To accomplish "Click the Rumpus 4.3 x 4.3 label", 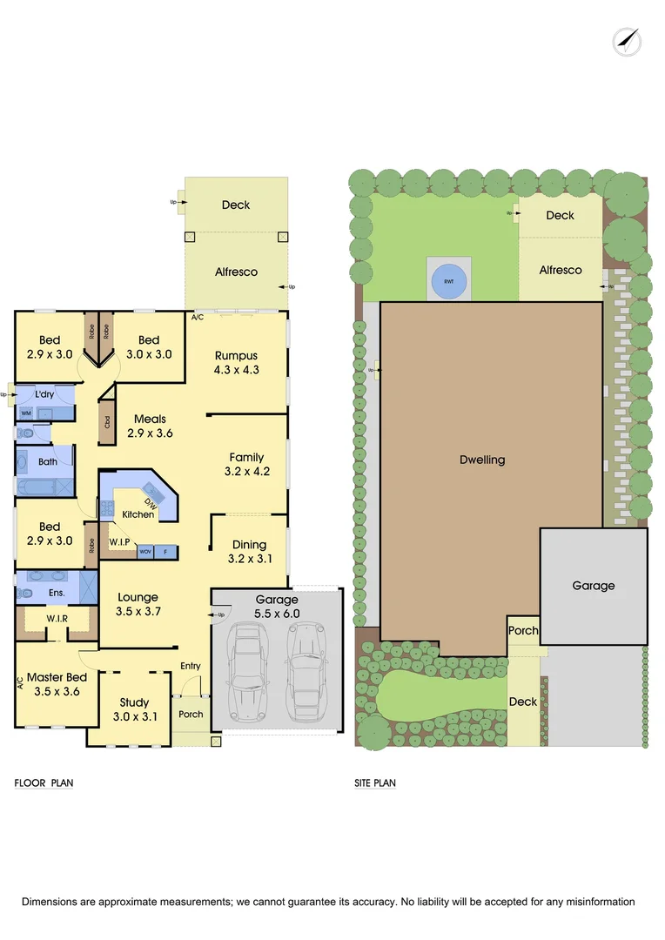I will point(238,362).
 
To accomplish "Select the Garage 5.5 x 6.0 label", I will point(277,606).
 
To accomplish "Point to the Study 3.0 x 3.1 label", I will point(134,709).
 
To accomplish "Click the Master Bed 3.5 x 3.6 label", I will point(57,684).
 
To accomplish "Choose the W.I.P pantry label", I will point(120,542).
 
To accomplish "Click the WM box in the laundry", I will point(26,413).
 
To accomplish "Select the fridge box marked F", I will point(165,552).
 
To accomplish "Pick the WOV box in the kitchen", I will point(144,552).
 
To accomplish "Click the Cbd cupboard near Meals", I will point(107,422).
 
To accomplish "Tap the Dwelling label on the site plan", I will point(482,460).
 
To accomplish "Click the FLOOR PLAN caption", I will point(44,782).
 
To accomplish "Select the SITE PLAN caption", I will point(375,782).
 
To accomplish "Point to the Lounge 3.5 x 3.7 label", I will point(138,605).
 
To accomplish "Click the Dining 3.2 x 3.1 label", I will point(249,552).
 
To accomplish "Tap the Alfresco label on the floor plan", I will point(236,272).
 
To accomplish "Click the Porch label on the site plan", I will point(523,631).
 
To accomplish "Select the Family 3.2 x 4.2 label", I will point(246,465).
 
